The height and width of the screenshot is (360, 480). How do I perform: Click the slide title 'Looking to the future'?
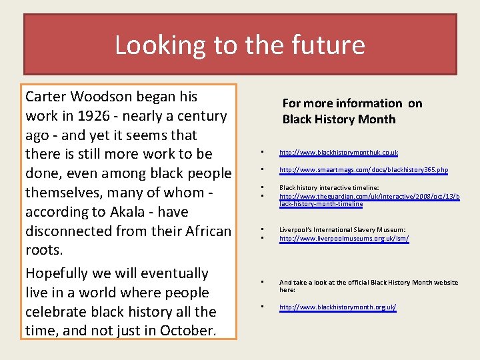click(x=240, y=45)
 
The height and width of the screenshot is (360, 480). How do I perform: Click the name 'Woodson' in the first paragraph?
click(x=127, y=97)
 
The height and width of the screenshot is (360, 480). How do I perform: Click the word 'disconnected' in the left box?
click(x=73, y=231)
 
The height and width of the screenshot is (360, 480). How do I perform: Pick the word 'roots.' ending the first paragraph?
click(x=44, y=251)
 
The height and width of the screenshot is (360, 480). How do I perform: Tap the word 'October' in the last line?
click(x=187, y=331)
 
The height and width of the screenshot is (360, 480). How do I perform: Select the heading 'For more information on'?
click(x=352, y=103)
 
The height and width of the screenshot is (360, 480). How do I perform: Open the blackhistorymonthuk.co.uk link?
click(x=338, y=153)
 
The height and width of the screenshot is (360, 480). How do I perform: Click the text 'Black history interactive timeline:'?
click(x=329, y=188)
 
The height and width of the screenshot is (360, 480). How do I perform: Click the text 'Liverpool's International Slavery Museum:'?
click(x=342, y=230)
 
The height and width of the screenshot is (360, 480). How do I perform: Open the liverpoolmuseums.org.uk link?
click(x=343, y=238)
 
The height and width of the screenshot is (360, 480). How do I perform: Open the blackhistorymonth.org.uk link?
click(x=337, y=307)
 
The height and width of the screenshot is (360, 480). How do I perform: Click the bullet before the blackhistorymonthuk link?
click(x=263, y=152)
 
